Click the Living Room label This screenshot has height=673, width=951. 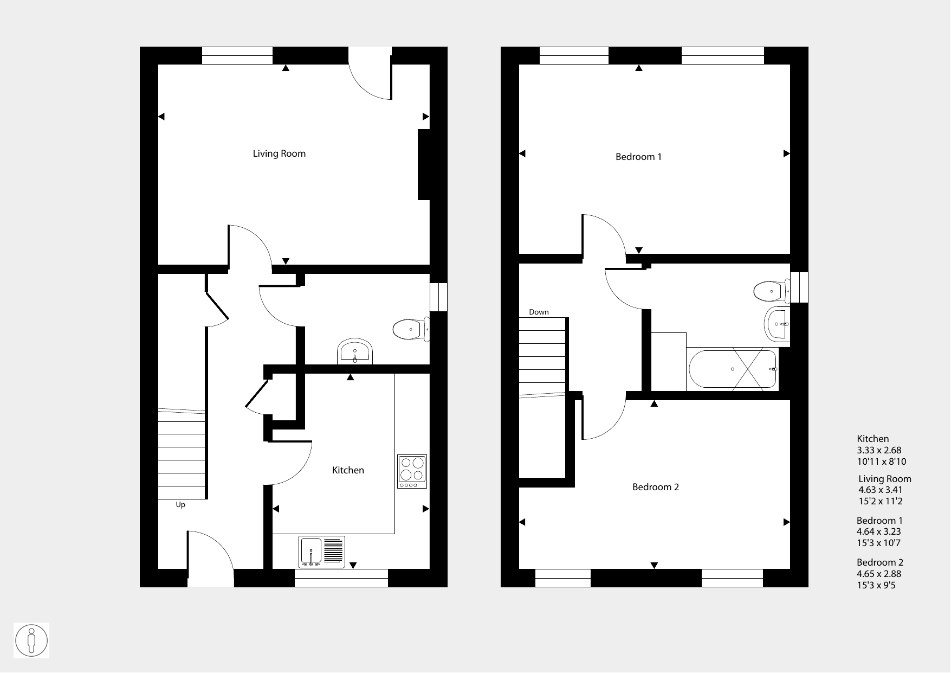279,154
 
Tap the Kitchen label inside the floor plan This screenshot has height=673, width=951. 348,470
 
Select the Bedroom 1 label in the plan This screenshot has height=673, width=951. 638,157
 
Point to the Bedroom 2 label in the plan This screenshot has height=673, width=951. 656,487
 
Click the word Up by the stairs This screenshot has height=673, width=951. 180,505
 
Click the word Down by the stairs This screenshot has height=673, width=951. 539,312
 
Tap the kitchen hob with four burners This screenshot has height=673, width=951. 412,471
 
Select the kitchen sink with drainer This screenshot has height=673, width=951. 322,552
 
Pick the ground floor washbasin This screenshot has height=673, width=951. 355,352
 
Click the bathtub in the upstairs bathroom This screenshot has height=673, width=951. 733,369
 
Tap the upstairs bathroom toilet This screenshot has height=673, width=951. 772,291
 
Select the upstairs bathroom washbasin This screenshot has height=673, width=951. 777,324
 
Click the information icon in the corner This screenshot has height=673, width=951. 32,640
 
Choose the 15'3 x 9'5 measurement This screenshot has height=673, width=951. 876,585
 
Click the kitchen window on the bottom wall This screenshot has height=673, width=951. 341,578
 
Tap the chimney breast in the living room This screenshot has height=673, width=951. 424,165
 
